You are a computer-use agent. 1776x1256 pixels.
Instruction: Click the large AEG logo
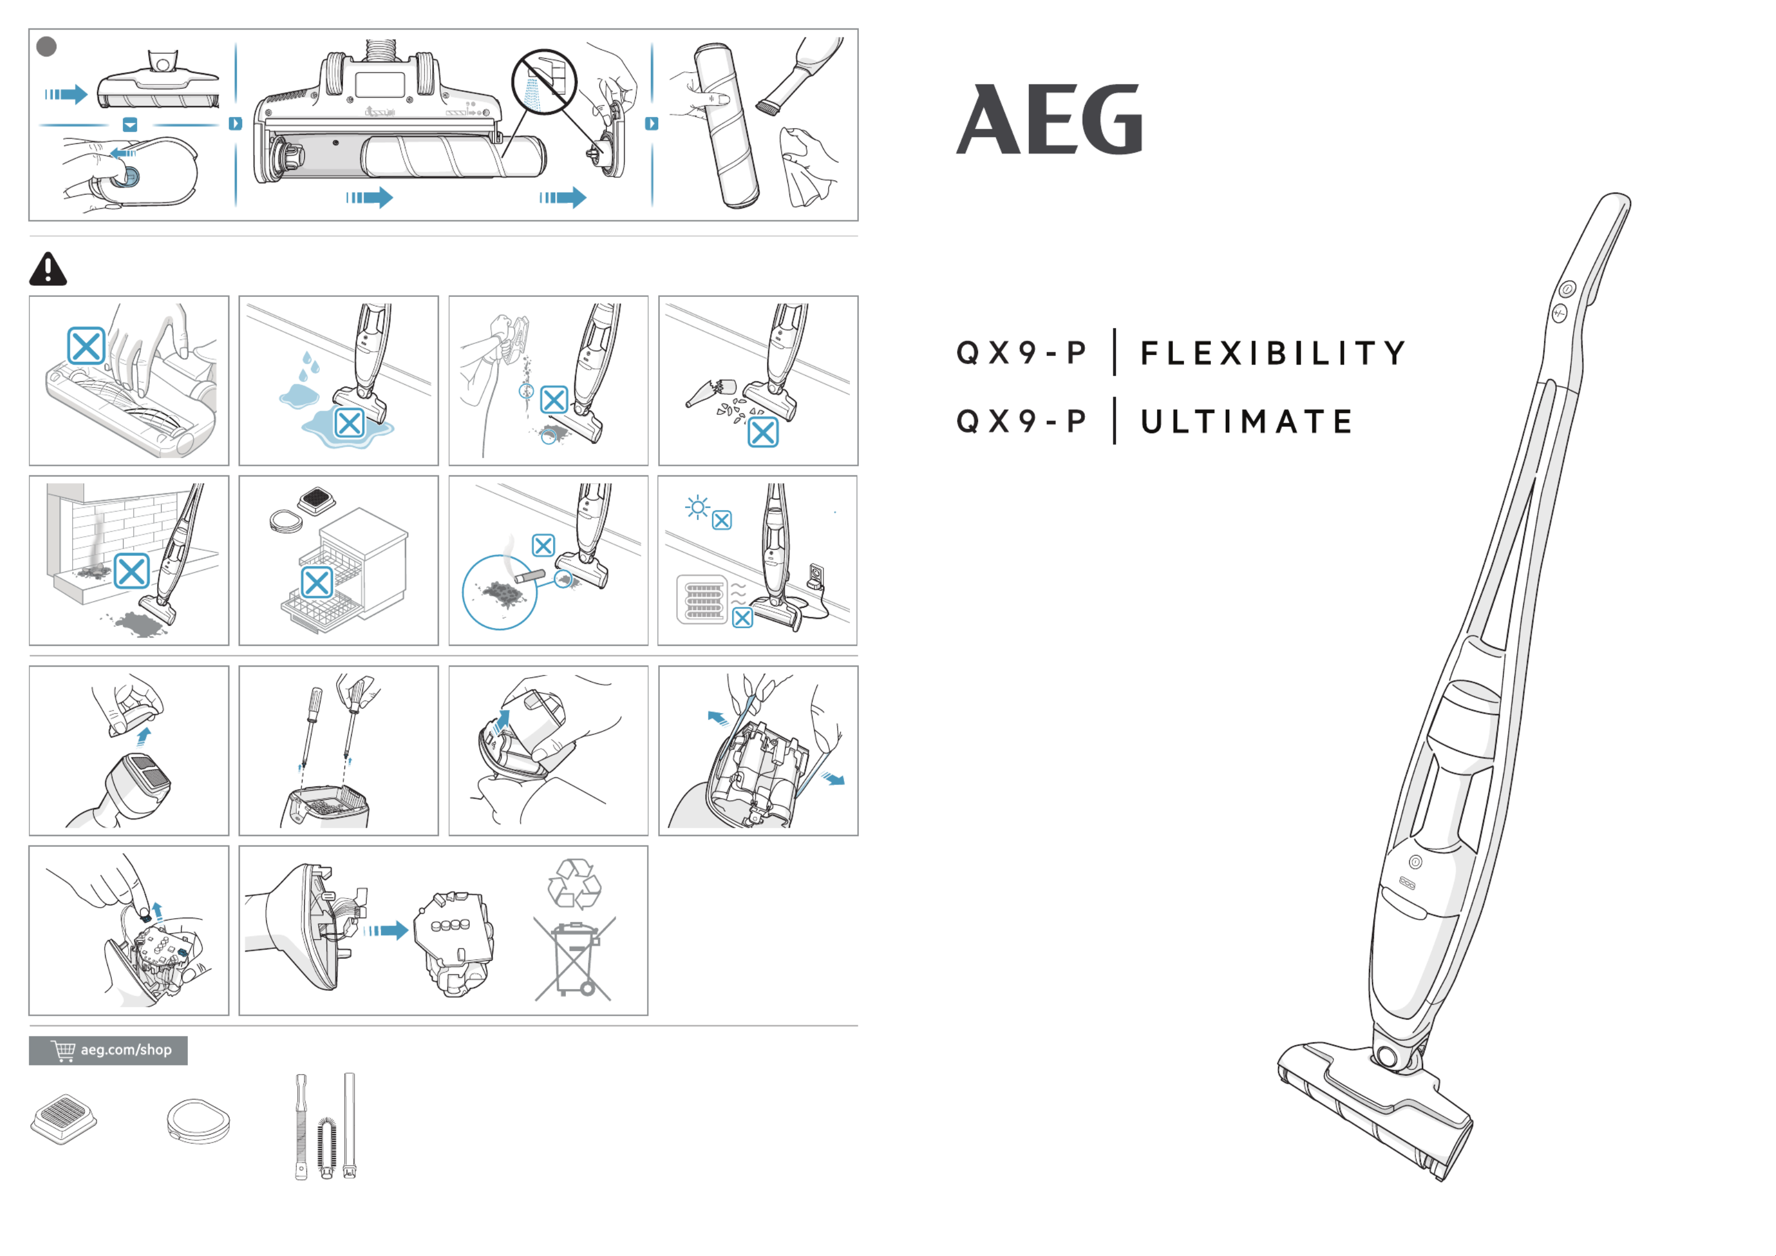pos(1050,119)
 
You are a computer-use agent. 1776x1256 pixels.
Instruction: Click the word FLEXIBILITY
pos(1273,353)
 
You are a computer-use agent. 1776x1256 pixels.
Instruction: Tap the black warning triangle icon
pos(48,269)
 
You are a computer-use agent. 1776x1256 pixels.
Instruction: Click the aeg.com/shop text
pos(126,1050)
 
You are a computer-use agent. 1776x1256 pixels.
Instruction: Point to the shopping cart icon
pos(63,1050)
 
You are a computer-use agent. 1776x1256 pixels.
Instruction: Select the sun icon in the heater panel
pos(698,507)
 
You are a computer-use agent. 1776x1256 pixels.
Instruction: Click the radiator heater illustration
pos(702,598)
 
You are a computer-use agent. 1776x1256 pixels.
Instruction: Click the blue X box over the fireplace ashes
pos(131,571)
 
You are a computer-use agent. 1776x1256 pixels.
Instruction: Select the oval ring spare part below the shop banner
pos(199,1121)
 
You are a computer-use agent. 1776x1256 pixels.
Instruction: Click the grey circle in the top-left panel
pos(46,47)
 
